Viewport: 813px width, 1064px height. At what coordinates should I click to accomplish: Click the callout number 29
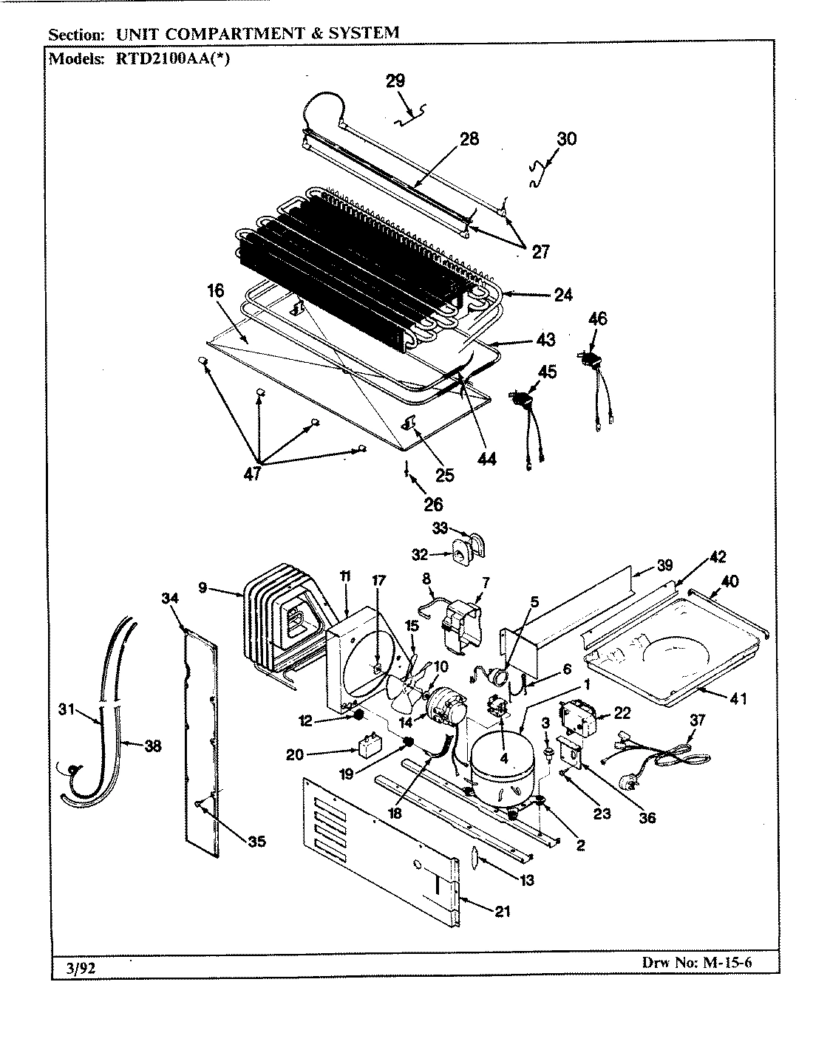395,81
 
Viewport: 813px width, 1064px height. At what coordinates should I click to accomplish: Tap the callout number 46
597,319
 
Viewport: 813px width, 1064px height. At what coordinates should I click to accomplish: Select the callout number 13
527,880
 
